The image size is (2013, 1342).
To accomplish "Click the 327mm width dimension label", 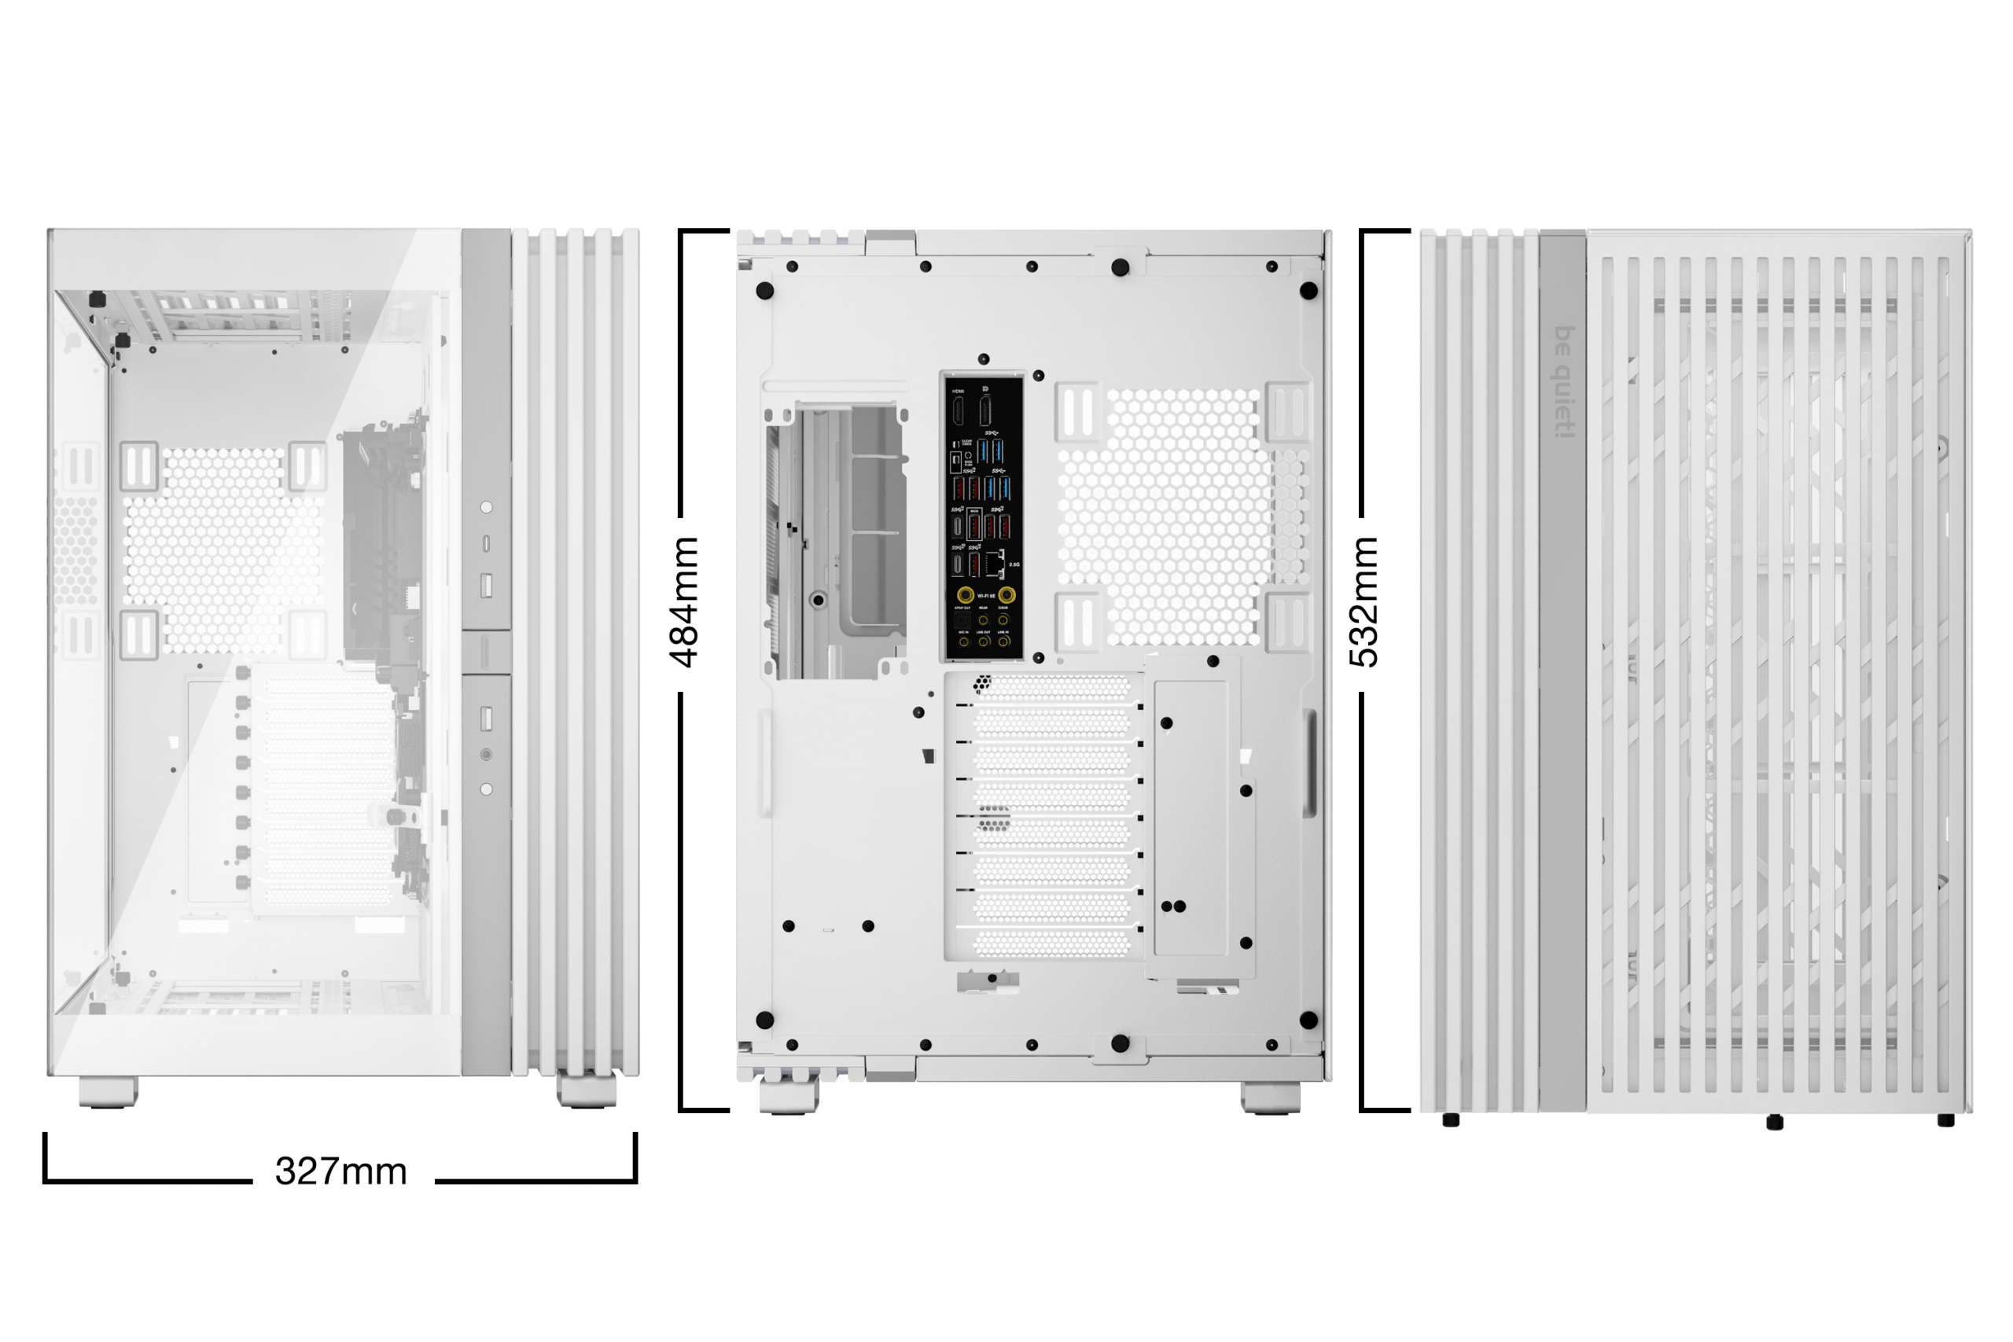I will [x=340, y=1171].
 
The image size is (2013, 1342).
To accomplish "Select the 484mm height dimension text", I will [x=684, y=601].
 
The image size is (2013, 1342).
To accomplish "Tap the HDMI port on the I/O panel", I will [x=959, y=412].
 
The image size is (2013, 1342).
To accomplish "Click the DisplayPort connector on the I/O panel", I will [x=985, y=411].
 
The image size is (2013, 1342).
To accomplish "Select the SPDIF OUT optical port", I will [x=962, y=619].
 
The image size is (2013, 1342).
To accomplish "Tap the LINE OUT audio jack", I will [x=984, y=641].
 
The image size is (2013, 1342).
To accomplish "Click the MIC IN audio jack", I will [x=964, y=641].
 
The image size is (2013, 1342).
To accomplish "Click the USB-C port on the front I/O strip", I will [x=486, y=543].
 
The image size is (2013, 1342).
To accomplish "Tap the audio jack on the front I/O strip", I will [x=486, y=755].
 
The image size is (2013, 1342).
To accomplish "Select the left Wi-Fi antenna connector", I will [x=965, y=595].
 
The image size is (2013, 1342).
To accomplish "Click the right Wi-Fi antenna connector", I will [x=1007, y=595].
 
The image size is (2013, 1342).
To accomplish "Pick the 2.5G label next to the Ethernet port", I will [x=1014, y=565].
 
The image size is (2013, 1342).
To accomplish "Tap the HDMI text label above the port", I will [x=959, y=392].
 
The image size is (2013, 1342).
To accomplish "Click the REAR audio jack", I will [x=984, y=619].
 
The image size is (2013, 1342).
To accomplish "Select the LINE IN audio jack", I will [x=1003, y=641].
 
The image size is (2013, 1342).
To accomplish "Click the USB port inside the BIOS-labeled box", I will [x=975, y=528].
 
